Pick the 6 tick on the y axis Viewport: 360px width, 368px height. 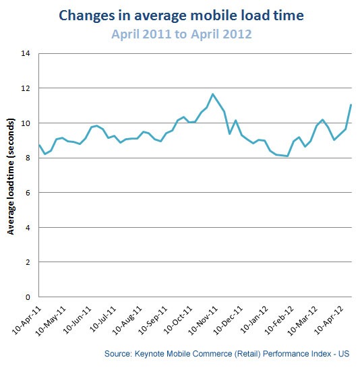(28, 193)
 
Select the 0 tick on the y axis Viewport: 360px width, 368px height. (28, 297)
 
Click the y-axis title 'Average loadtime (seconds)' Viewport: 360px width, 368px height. (11, 175)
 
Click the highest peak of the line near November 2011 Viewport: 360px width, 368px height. (213, 94)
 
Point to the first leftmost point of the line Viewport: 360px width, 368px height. (39, 145)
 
